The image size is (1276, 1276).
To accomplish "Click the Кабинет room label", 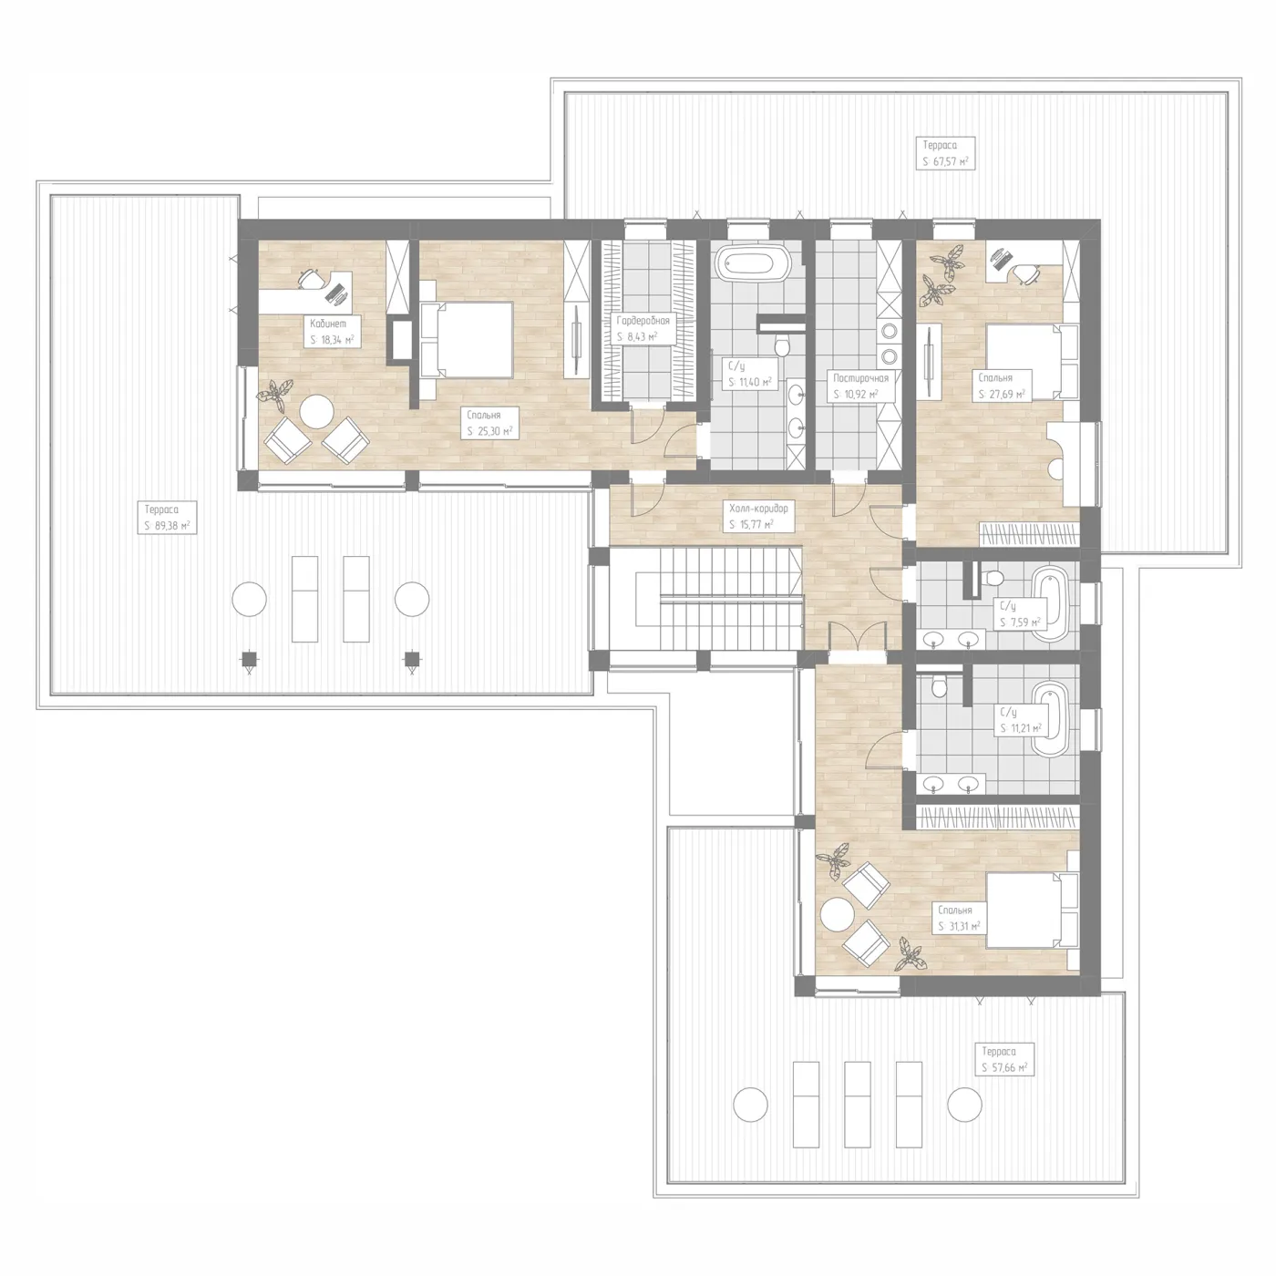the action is (328, 324).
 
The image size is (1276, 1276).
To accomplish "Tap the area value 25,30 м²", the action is (489, 431).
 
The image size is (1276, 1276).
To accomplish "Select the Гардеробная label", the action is (643, 321).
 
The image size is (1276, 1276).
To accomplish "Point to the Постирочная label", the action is (860, 378).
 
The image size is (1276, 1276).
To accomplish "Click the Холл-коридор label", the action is (758, 509).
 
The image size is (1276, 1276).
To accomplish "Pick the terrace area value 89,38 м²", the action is (167, 527).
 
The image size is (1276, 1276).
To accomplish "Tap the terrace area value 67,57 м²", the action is (945, 161).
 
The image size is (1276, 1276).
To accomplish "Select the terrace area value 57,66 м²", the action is (1004, 1068).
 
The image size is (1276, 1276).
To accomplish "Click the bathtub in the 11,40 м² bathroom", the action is (755, 262).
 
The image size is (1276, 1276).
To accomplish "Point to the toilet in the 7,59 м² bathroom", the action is (993, 579).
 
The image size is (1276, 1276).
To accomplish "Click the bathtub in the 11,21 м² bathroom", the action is (1050, 719).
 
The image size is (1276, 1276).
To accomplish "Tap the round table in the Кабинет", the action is (316, 412).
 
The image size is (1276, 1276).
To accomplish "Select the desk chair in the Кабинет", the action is (311, 278).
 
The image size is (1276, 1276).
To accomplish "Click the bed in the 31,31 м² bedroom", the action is (1033, 911).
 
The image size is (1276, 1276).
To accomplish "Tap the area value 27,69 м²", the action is (1002, 395).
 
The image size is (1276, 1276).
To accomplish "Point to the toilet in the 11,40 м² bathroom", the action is (782, 346).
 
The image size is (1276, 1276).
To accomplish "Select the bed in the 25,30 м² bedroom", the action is (467, 340).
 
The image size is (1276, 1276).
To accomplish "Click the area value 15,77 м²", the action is (751, 524).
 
